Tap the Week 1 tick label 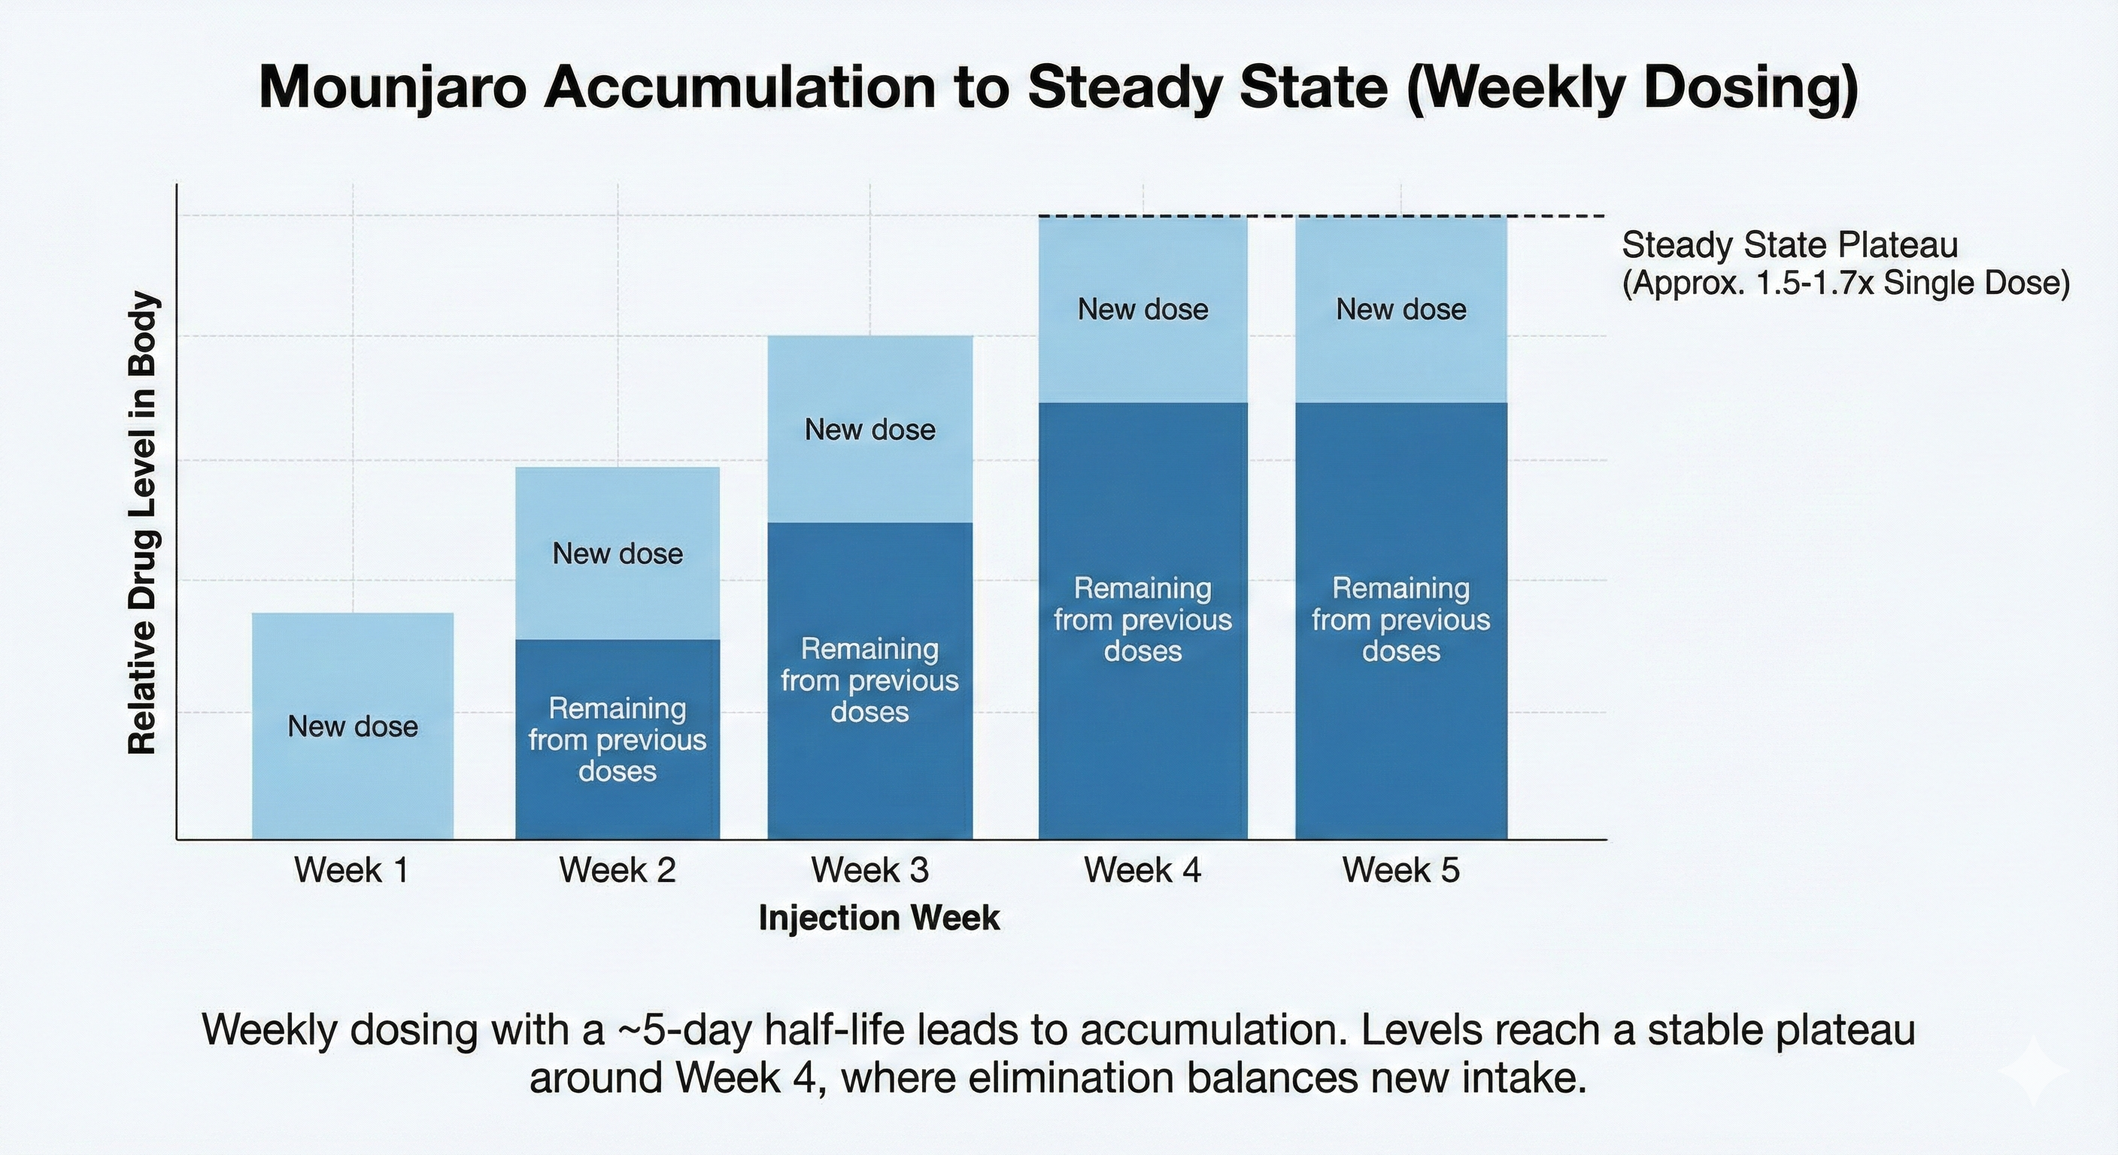(352, 870)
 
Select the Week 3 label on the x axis (870, 870)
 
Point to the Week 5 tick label (1401, 870)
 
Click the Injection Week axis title (879, 918)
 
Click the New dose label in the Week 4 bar (1143, 309)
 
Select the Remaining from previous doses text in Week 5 (1401, 620)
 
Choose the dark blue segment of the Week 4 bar (1143, 740)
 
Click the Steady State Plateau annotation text (1790, 245)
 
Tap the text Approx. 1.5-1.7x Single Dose (1845, 283)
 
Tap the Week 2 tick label (617, 870)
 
